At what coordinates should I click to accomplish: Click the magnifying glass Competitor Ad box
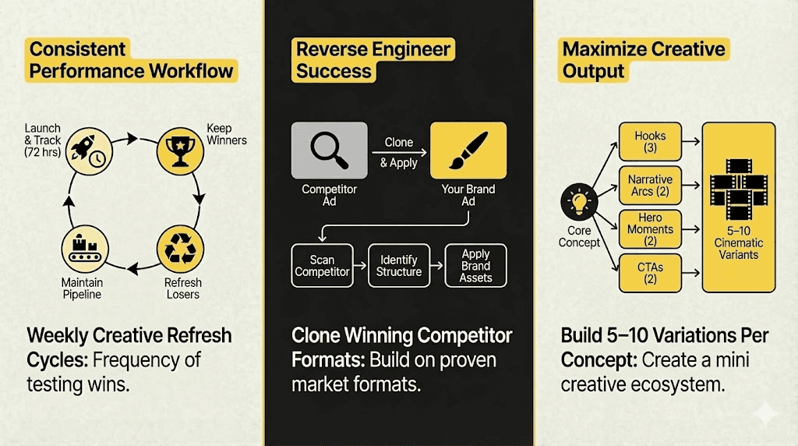tap(329, 151)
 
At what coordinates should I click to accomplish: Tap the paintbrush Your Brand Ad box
tap(468, 151)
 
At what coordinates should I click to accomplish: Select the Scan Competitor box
tap(322, 266)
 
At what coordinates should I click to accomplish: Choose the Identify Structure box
tap(399, 266)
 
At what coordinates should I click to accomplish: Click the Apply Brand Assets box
tap(475, 266)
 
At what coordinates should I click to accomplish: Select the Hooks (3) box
tap(650, 141)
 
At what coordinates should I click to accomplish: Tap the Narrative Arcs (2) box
tap(650, 185)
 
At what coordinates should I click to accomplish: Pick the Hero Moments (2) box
tap(650, 230)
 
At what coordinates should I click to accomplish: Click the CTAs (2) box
tap(650, 273)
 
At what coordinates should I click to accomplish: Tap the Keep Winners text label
tap(227, 134)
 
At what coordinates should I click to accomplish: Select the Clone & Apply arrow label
tap(399, 153)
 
